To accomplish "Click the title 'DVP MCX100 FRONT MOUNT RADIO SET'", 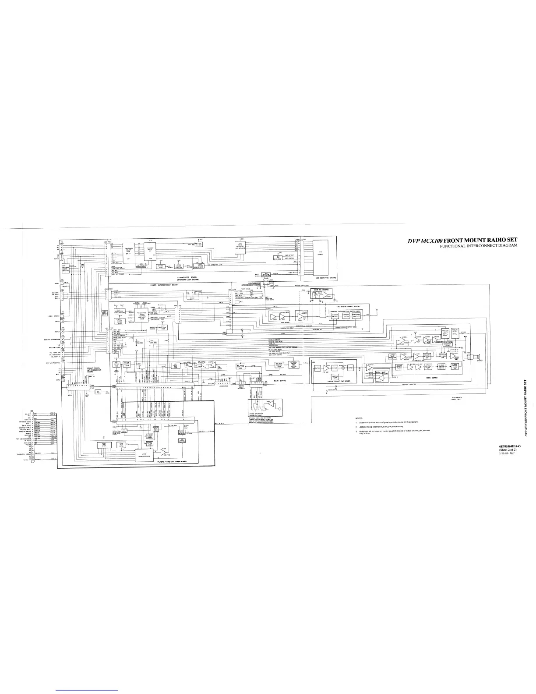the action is (x=462, y=240).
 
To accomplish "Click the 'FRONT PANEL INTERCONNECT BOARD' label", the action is (x=95, y=369).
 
